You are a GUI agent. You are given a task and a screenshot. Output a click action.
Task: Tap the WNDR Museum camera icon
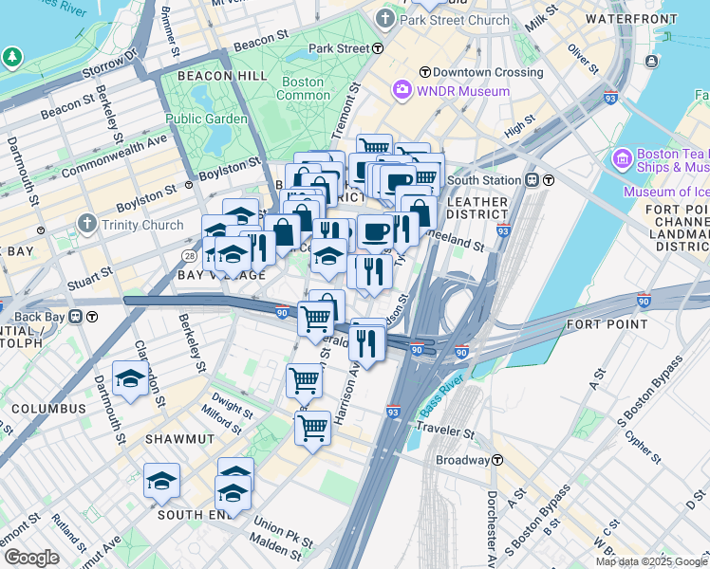[402, 91]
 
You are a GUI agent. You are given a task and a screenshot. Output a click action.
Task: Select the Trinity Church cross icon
[87, 225]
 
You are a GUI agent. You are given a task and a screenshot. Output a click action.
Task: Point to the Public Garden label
[207, 119]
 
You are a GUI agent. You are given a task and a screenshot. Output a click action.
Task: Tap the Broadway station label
[461, 460]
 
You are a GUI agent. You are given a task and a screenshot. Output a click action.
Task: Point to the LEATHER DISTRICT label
[477, 208]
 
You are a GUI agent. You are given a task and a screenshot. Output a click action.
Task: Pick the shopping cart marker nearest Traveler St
[312, 429]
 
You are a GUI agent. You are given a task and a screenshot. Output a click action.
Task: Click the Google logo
[31, 558]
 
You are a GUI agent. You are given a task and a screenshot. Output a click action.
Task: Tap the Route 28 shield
[190, 256]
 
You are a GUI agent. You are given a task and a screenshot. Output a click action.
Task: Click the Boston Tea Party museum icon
[623, 157]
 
